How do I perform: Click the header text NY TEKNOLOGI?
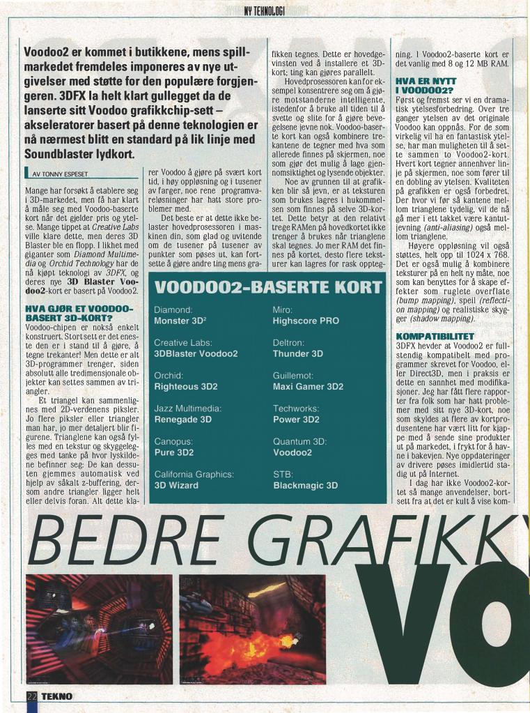point(265,11)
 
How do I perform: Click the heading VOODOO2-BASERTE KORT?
point(267,287)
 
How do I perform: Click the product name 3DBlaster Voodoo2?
point(196,353)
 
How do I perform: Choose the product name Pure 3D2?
point(173,452)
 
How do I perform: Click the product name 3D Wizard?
point(176,485)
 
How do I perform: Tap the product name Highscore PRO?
point(306,321)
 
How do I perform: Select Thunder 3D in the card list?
point(298,353)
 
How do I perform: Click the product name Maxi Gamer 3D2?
point(308,386)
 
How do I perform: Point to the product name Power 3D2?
point(296,420)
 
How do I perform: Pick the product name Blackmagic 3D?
point(305,485)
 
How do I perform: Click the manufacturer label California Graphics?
point(194,474)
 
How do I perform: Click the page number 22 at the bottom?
point(31,696)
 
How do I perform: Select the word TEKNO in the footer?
point(56,696)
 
